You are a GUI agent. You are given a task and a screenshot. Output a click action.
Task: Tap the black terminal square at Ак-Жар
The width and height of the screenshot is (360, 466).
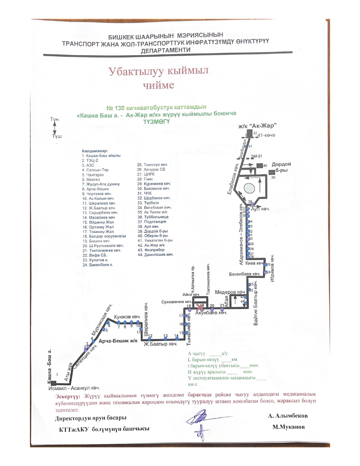coord(250,133)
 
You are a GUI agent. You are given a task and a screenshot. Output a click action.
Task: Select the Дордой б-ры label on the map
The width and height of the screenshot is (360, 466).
coord(281,167)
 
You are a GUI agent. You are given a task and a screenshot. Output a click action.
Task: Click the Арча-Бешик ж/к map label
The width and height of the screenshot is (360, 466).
coord(118,341)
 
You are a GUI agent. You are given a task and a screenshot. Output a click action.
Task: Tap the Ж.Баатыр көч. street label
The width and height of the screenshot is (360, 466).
coord(160,344)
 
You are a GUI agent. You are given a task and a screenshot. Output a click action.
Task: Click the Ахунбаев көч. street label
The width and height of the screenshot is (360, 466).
coord(211,313)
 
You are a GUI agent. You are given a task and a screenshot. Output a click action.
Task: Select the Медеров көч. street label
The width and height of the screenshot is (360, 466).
coord(230,292)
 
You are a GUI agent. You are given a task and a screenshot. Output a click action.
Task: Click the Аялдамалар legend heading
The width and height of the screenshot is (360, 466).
coord(95,151)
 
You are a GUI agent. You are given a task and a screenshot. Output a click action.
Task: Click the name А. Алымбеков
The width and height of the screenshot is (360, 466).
coord(288,416)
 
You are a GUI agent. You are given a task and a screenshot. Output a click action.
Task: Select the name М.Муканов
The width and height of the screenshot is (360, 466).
coord(288,427)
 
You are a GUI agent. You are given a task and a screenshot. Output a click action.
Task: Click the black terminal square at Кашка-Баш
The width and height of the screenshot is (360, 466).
coord(53,383)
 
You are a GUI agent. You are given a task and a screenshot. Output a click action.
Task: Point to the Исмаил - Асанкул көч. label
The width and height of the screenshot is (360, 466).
coord(74,388)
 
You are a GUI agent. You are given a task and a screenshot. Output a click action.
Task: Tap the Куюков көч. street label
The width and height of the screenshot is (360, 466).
coord(127,317)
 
